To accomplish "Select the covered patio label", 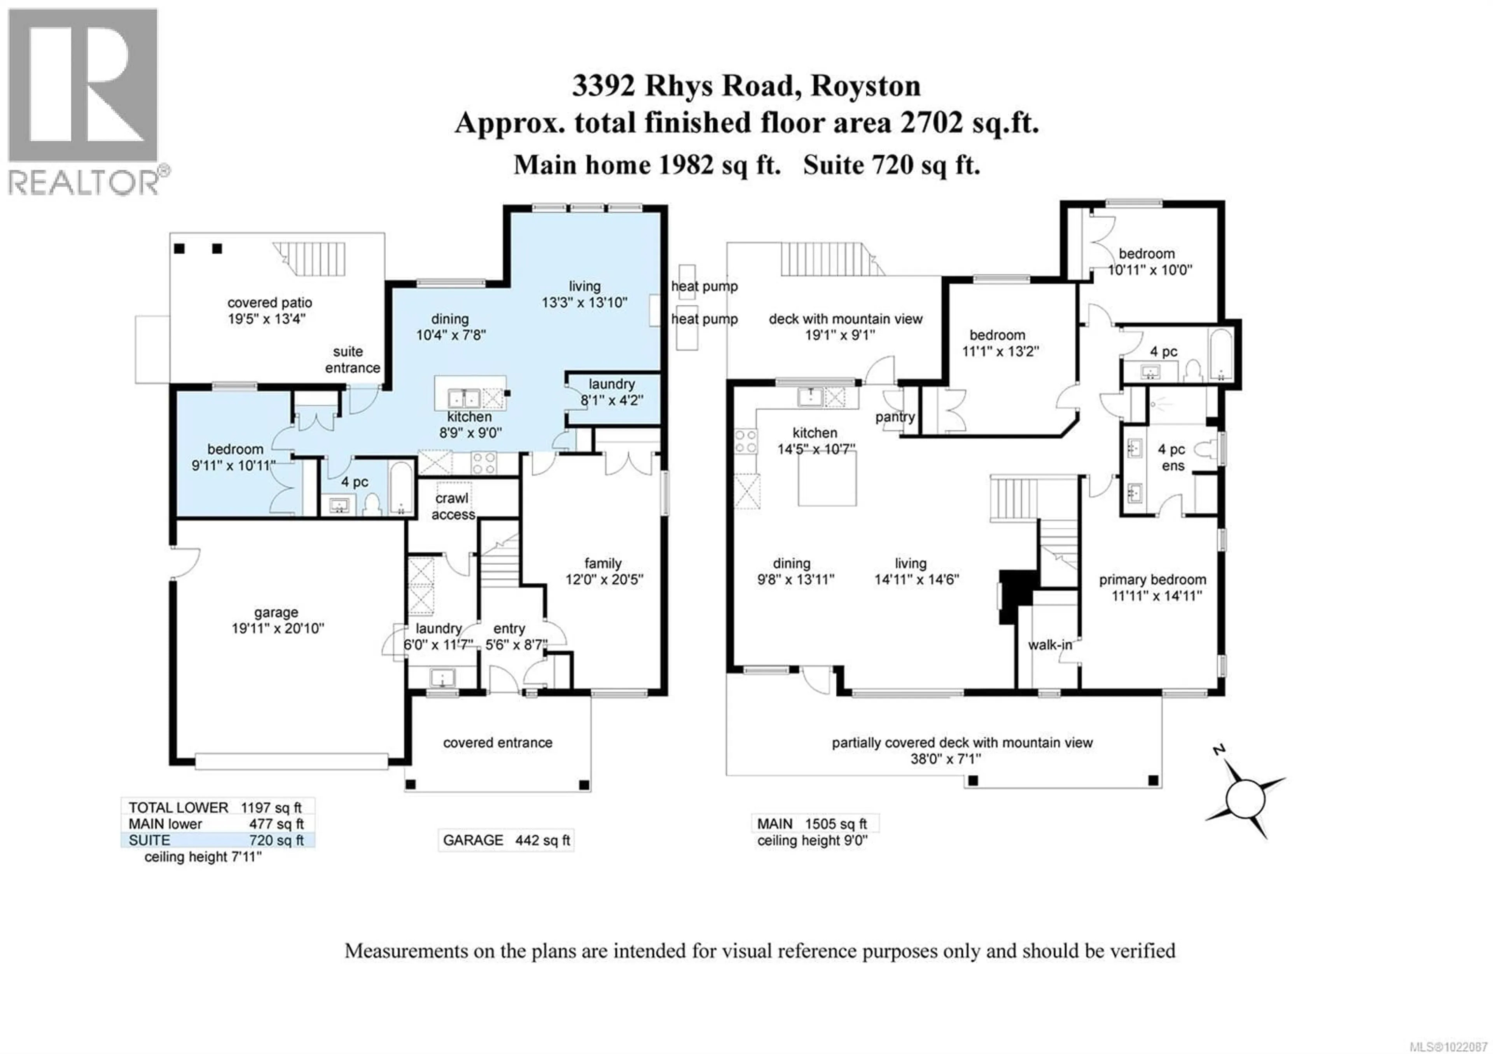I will coord(269,303).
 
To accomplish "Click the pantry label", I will coord(895,417).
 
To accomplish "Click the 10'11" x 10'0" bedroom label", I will coord(1150,270).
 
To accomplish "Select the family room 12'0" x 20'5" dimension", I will coord(604,579).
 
